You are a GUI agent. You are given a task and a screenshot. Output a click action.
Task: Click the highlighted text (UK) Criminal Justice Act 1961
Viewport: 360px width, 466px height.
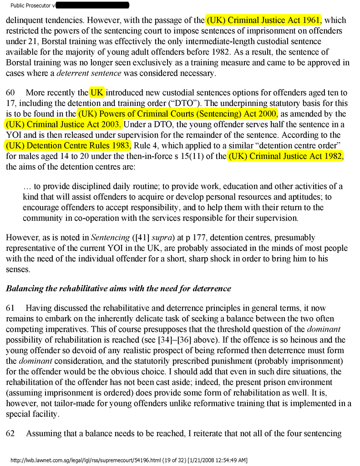pos(264,20)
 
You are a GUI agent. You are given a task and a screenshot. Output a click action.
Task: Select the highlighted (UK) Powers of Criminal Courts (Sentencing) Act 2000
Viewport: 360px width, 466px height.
pos(177,113)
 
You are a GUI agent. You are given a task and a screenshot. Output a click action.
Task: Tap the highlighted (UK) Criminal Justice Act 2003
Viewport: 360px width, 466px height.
pos(63,124)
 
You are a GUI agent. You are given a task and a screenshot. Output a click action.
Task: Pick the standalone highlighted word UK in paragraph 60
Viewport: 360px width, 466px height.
pos(97,93)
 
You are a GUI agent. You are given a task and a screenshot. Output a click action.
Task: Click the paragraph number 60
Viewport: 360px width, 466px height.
pos(10,93)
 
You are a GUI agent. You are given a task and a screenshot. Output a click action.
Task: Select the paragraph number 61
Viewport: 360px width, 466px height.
pos(10,308)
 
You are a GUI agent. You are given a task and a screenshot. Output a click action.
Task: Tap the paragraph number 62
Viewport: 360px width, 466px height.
pos(10,433)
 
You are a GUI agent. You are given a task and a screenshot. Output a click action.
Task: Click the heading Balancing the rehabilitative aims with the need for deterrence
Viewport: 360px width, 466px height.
pos(118,288)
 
